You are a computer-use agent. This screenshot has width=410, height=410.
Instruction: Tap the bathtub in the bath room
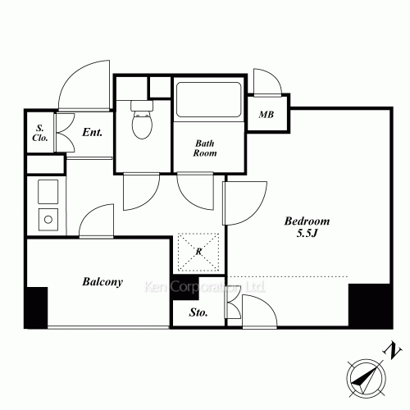pyautogui.click(x=209, y=100)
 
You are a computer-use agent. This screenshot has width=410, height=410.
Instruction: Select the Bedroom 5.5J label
pyautogui.click(x=307, y=227)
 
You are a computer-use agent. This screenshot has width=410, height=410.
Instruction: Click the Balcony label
pyautogui.click(x=102, y=281)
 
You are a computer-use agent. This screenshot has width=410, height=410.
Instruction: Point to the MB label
pyautogui.click(x=266, y=115)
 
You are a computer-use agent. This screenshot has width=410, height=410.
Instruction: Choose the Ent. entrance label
pyautogui.click(x=93, y=132)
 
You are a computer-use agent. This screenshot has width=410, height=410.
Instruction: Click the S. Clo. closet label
pyautogui.click(x=40, y=133)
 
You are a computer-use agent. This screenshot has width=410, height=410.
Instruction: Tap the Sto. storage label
pyautogui.click(x=198, y=312)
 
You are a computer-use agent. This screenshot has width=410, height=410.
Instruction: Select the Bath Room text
pyautogui.click(x=205, y=148)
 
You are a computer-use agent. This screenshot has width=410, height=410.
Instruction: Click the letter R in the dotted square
pyautogui.click(x=198, y=251)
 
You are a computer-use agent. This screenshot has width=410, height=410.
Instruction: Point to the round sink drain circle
pyautogui.click(x=48, y=219)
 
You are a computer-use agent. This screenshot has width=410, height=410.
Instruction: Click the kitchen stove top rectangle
pyautogui.click(x=48, y=191)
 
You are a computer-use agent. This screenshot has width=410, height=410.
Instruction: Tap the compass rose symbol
pyautogui.click(x=367, y=379)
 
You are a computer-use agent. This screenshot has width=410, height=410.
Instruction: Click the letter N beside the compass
pyautogui.click(x=393, y=350)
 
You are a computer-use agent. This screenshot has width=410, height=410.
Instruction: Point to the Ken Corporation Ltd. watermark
pyautogui.click(x=205, y=287)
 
